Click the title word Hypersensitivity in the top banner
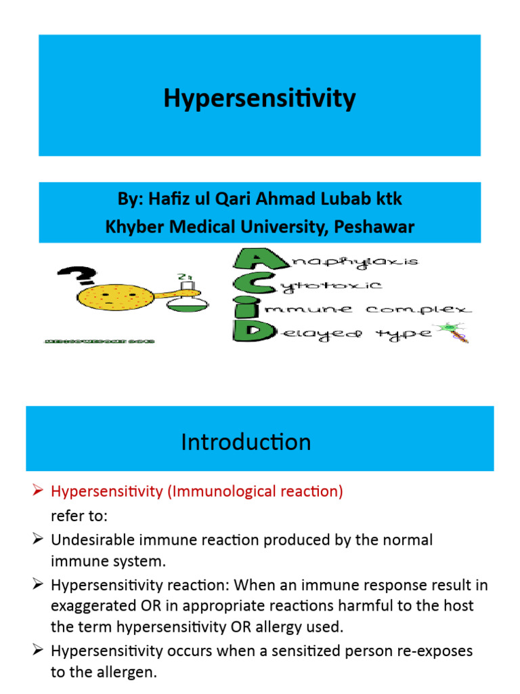[x=259, y=99]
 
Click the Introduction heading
[x=246, y=443]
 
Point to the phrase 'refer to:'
[x=79, y=516]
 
